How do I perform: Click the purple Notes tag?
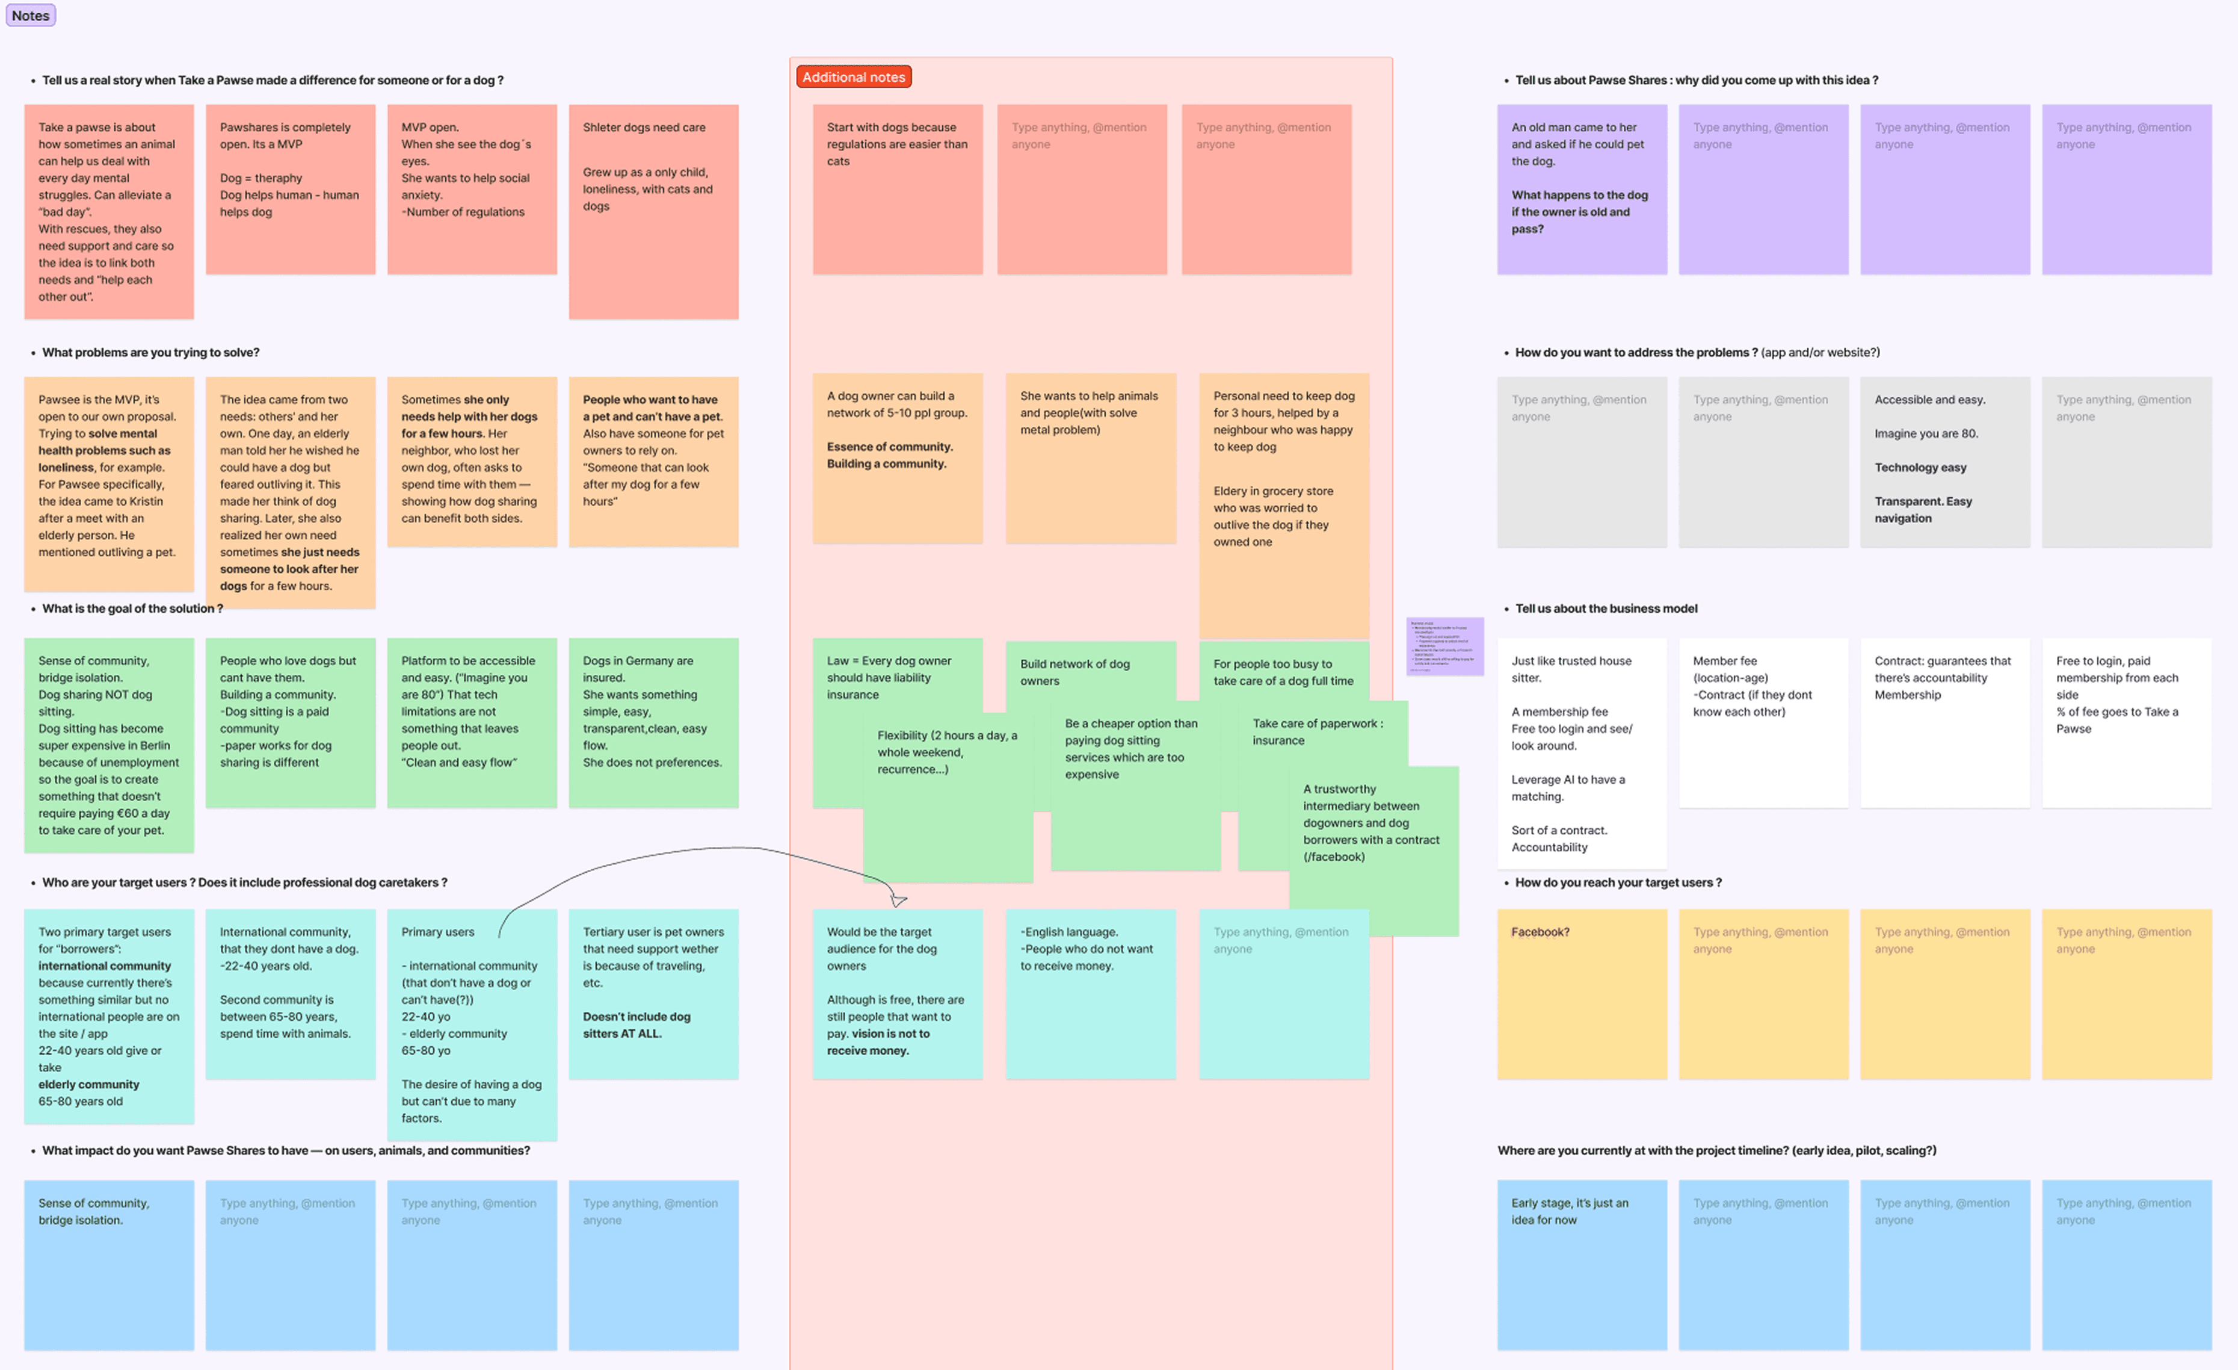tap(31, 16)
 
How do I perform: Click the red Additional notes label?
tap(853, 77)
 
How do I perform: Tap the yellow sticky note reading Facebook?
tap(1581, 993)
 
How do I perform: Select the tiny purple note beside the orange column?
tap(1444, 646)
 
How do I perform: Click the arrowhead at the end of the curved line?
tap(898, 899)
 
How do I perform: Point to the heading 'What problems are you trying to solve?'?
tap(151, 353)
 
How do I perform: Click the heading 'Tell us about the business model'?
tap(1605, 609)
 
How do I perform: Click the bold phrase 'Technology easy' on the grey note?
tap(1920, 468)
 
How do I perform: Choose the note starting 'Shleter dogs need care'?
tap(653, 211)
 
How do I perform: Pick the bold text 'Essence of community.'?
tap(889, 447)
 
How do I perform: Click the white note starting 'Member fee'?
tap(1762, 722)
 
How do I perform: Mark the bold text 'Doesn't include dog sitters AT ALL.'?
tap(637, 1024)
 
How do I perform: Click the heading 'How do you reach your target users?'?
tap(1618, 882)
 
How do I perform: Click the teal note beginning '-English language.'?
tap(1090, 993)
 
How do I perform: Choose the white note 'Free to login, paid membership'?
tap(2125, 722)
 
